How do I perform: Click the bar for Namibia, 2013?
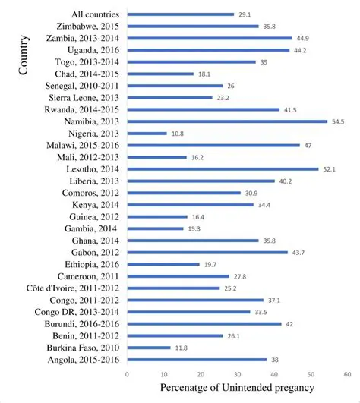pyautogui.click(x=227, y=121)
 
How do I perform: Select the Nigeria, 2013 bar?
pyautogui.click(x=147, y=134)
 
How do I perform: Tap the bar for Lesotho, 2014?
pyautogui.click(x=223, y=169)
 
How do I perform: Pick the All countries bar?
pyautogui.click(x=180, y=14)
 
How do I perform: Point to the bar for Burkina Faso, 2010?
pyautogui.click(x=149, y=348)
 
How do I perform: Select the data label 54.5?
pyautogui.click(x=338, y=121)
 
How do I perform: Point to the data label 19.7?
pyautogui.click(x=210, y=264)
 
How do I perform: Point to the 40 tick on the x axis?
pyautogui.click(x=273, y=374)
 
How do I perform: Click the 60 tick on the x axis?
pyautogui.click(x=346, y=374)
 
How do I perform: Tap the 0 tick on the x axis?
pyautogui.click(x=127, y=374)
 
